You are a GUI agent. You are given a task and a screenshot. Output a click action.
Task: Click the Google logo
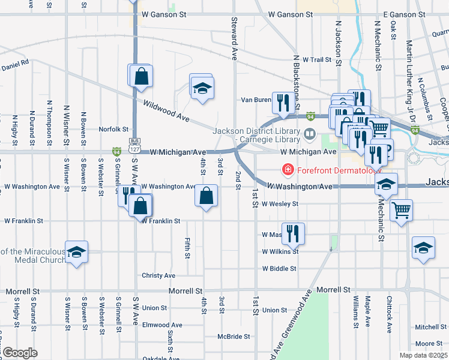(x=20, y=352)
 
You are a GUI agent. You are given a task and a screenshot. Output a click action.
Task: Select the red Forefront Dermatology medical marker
(x=289, y=170)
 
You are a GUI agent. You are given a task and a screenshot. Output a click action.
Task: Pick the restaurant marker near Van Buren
(x=282, y=103)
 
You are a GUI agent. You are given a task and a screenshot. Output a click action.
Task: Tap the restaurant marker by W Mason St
(x=292, y=233)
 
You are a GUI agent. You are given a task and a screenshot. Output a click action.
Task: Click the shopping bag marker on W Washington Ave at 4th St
(x=206, y=196)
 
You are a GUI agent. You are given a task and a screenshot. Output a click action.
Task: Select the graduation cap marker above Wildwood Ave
(x=202, y=88)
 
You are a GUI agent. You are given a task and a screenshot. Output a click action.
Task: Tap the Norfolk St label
(x=113, y=129)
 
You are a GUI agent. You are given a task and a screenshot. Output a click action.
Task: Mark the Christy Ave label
(x=158, y=276)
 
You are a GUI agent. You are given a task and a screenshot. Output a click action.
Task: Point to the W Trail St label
(x=317, y=60)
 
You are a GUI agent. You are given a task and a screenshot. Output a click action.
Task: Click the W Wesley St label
(x=280, y=204)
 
